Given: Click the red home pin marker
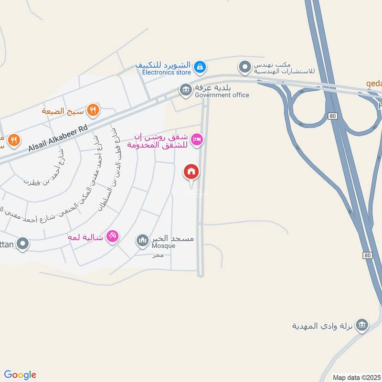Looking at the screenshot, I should [x=191, y=171].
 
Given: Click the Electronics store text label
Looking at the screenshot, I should [x=167, y=72].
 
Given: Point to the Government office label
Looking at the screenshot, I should [x=222, y=95].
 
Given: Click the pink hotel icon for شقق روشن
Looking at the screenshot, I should [x=196, y=140].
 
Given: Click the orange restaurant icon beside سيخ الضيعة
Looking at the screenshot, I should [x=93, y=109].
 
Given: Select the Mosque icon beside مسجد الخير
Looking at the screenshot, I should [x=142, y=240].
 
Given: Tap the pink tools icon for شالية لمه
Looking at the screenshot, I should [x=112, y=235].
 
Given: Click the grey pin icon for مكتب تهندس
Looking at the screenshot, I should [x=245, y=67].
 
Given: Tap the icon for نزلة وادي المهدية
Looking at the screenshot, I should [x=362, y=325].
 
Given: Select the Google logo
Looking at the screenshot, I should [x=20, y=375].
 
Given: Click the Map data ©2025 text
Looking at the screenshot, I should [x=357, y=377].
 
